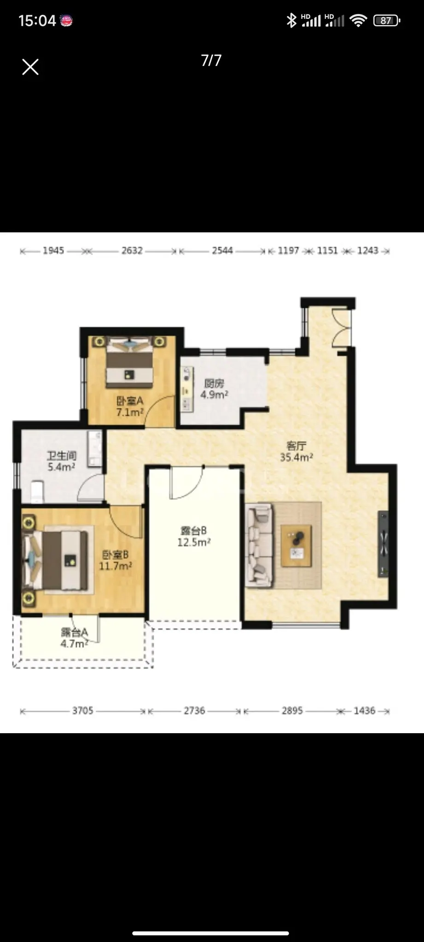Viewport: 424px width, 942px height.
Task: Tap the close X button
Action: click(30, 67)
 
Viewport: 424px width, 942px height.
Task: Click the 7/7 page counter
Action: click(211, 60)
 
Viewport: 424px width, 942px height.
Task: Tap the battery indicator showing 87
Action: click(387, 20)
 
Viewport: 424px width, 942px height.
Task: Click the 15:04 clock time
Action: click(37, 21)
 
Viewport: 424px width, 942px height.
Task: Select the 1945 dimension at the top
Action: click(53, 251)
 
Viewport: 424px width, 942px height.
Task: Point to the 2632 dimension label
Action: click(132, 251)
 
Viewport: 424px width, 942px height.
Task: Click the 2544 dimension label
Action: click(222, 251)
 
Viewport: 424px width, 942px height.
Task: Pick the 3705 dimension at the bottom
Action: click(83, 711)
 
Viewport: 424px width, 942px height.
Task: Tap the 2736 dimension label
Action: click(194, 711)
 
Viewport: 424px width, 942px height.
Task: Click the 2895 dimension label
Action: click(292, 711)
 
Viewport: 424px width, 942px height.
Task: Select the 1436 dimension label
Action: click(365, 711)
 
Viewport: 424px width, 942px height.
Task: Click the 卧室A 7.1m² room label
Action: click(130, 407)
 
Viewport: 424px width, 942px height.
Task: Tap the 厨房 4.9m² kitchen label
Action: click(214, 389)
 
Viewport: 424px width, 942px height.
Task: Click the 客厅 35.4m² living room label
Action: click(296, 451)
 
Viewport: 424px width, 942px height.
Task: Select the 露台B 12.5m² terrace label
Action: click(194, 536)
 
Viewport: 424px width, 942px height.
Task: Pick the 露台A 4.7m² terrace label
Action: click(75, 638)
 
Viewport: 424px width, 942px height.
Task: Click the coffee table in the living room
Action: click(296, 546)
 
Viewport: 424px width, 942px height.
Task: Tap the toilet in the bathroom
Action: click(37, 491)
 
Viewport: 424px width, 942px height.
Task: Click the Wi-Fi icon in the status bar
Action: click(358, 20)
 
